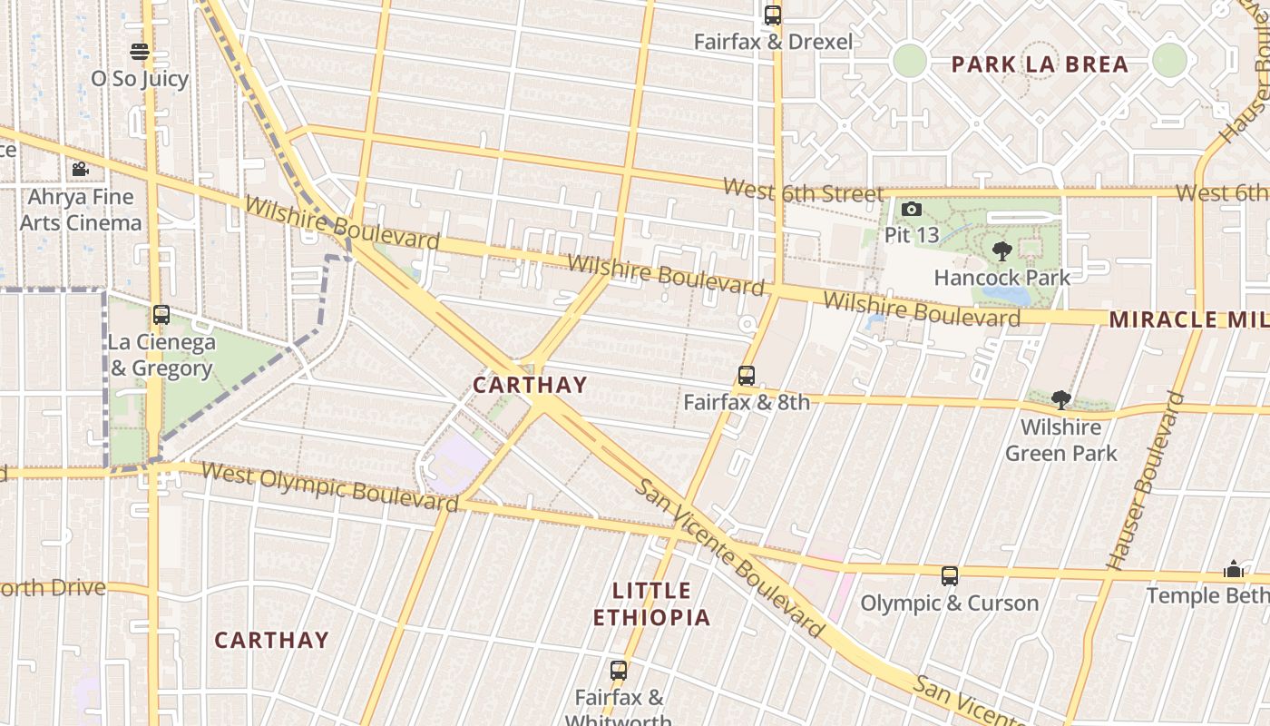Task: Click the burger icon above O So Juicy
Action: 139,51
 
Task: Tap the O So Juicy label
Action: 139,79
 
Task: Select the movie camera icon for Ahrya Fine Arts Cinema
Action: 80,169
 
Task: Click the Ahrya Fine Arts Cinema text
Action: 81,210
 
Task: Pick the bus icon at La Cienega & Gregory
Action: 161,315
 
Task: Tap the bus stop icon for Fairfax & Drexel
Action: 772,15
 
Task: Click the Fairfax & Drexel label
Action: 773,42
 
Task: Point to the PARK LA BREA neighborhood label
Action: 1040,64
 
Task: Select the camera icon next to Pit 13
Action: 912,210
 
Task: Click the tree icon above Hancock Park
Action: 1002,251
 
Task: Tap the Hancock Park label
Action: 1002,278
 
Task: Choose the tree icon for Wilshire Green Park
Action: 1060,400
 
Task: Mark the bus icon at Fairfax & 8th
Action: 746,375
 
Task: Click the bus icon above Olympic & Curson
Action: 949,576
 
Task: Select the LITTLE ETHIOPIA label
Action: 651,604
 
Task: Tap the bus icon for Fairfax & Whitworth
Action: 618,671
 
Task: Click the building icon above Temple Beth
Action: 1233,569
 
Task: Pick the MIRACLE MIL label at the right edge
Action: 1188,319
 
